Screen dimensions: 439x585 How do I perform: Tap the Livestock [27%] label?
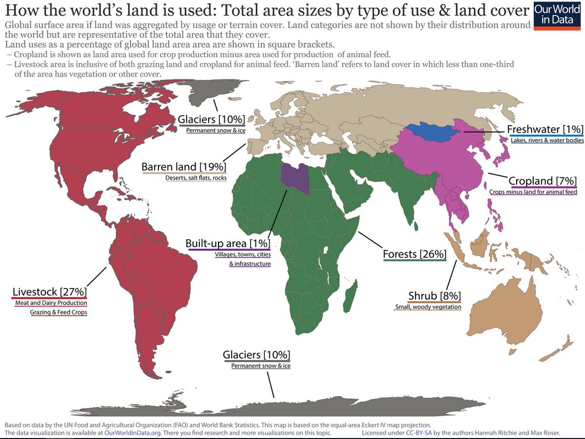(49, 292)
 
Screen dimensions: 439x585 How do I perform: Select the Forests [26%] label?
(414, 254)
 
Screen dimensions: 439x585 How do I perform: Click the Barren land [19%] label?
(184, 167)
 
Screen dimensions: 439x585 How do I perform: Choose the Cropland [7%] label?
(543, 181)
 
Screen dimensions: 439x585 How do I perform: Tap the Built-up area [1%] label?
(228, 243)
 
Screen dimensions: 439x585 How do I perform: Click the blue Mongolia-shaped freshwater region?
(429, 132)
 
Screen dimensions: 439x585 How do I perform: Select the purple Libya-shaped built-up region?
(295, 179)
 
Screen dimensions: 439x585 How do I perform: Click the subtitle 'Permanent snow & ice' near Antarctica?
(261, 365)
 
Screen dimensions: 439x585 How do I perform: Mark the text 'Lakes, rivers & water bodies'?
(546, 140)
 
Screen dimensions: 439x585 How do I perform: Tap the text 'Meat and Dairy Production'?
(51, 304)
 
